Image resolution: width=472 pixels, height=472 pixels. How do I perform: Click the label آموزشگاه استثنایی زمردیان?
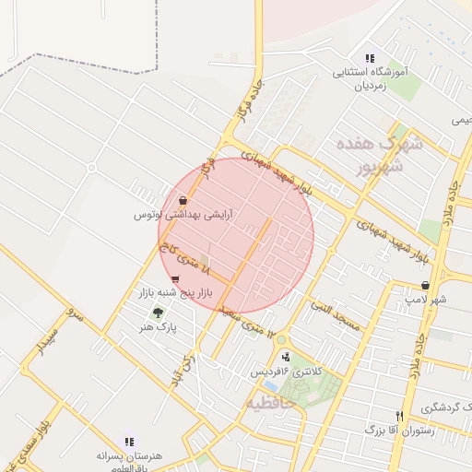[x=370, y=78]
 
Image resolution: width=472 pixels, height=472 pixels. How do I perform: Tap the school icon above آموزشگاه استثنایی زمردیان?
[x=370, y=58]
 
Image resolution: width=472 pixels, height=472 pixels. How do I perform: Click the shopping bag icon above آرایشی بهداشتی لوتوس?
[x=183, y=200]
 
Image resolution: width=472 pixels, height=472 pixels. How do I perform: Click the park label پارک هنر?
[x=158, y=327]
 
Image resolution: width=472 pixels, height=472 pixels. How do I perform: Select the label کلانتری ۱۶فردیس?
[x=288, y=372]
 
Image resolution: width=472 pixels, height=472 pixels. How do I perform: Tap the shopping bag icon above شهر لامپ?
[x=425, y=286]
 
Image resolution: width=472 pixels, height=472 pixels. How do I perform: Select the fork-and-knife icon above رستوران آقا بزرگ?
[x=399, y=416]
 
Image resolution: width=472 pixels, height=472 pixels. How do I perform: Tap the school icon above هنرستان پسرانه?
[x=129, y=442]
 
